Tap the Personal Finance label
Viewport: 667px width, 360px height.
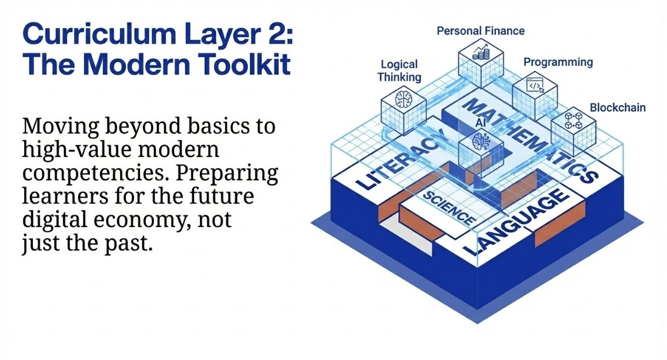click(481, 31)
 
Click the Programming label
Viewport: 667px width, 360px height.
click(558, 62)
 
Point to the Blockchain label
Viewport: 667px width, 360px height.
click(618, 108)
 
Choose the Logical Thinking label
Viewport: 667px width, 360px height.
click(399, 71)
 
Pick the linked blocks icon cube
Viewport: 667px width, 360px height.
click(573, 124)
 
